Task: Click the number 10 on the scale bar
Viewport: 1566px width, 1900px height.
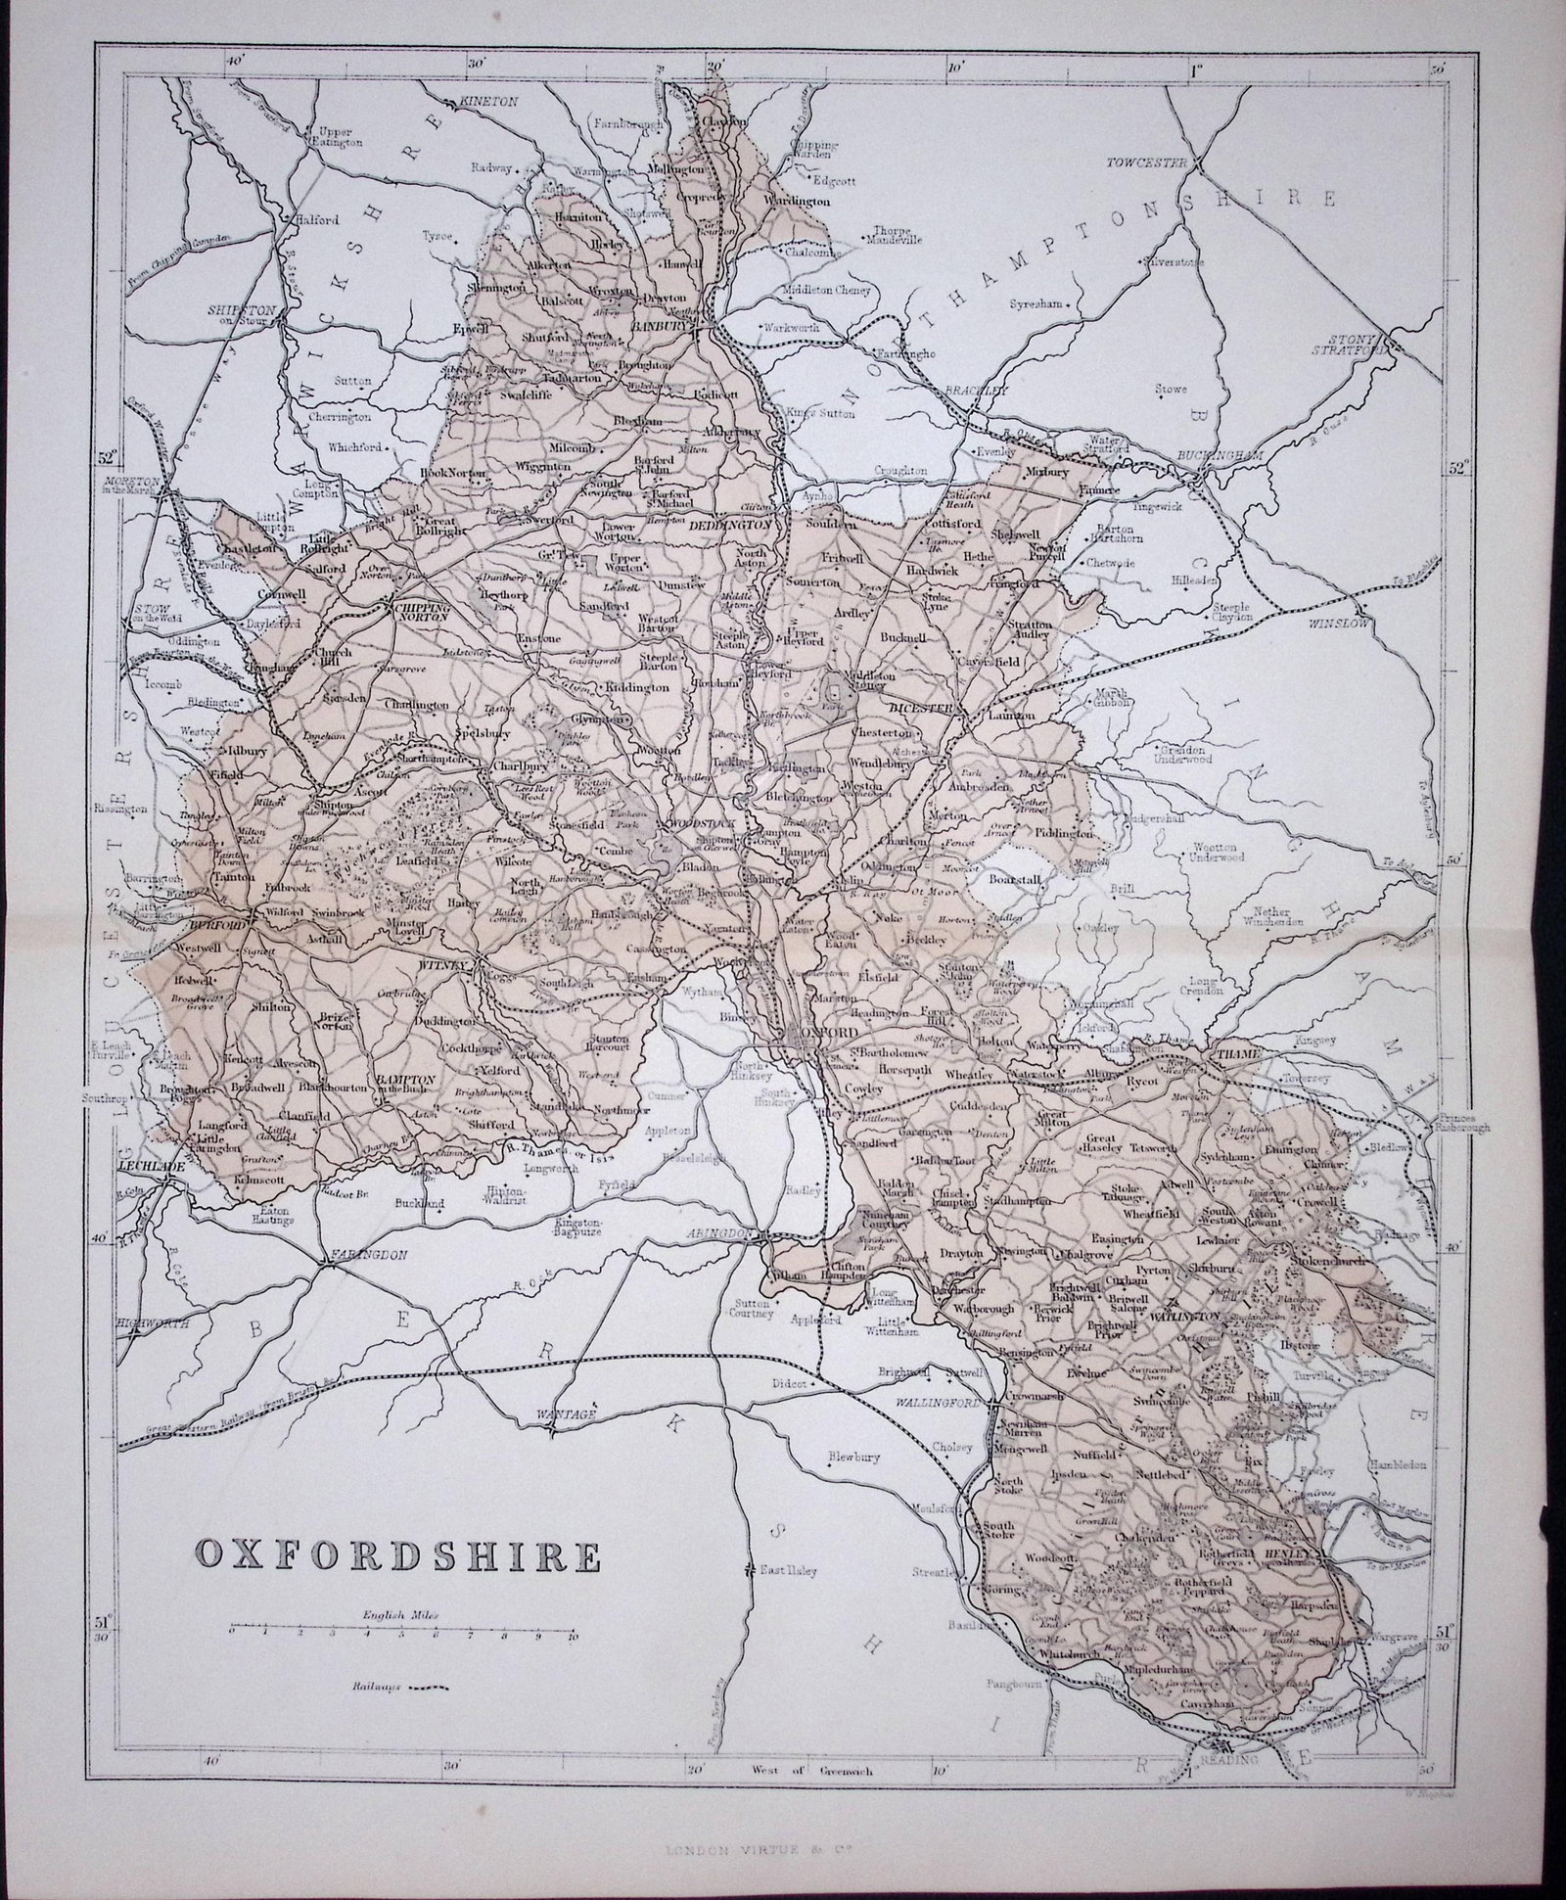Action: pos(572,1665)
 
